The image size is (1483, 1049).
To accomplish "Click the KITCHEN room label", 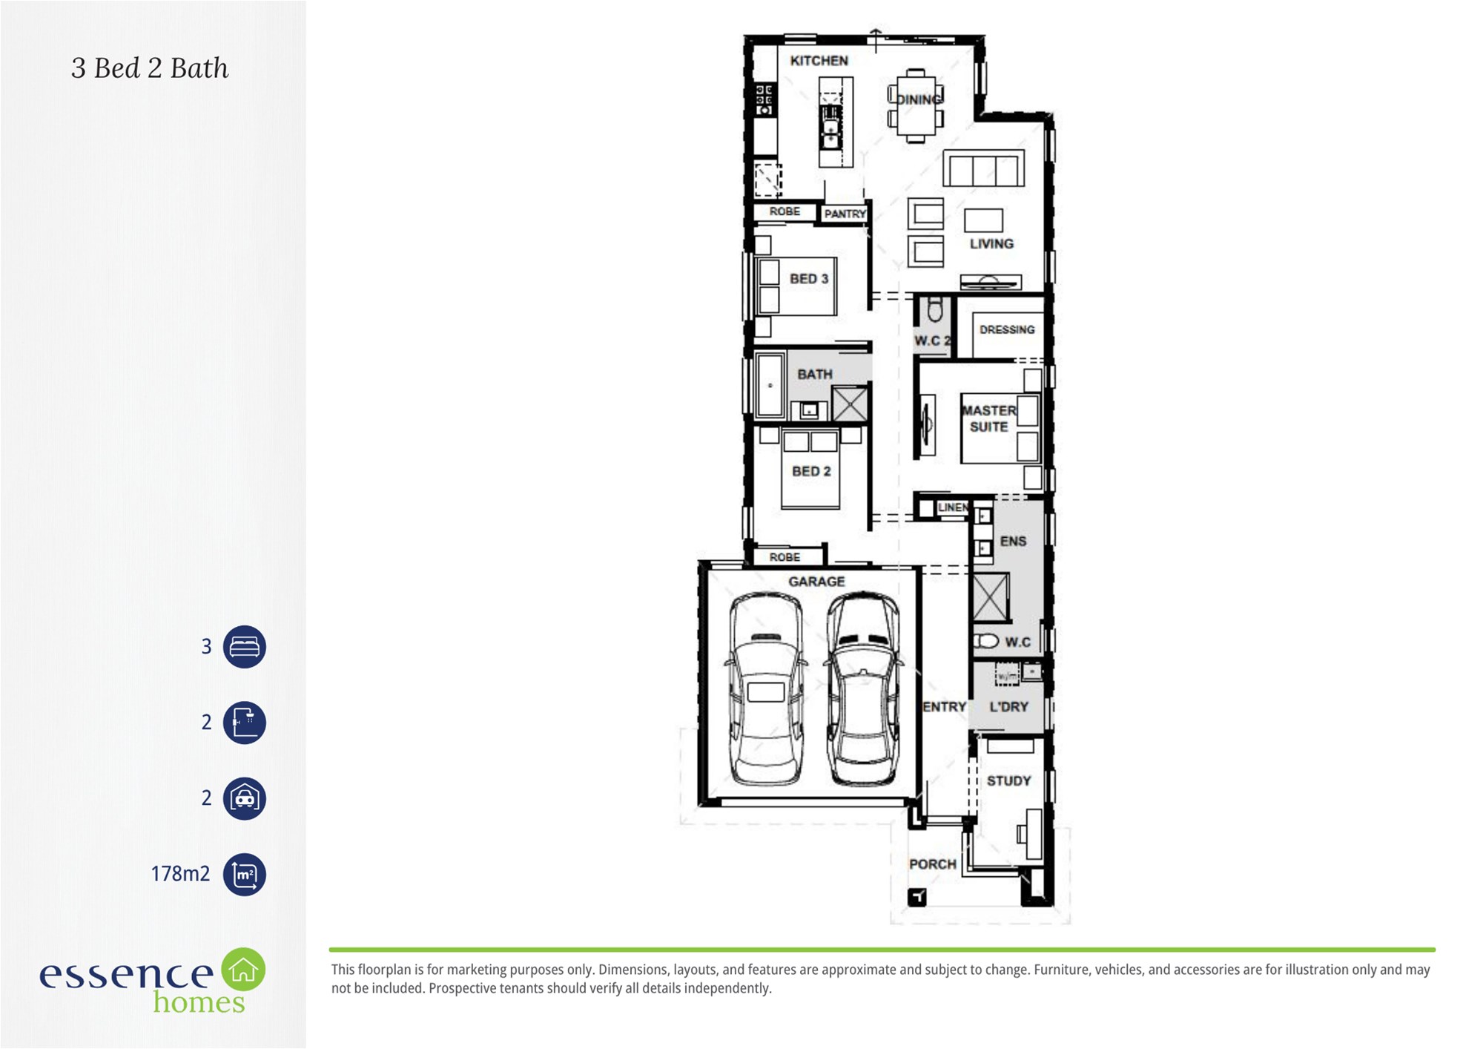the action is pos(819,61).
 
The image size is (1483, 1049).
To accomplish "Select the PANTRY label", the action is pos(845,214).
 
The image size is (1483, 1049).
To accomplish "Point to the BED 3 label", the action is pos(809,279).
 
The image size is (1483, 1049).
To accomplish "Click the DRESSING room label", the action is pos(1007,329).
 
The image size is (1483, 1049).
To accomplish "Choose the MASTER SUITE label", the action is pos(989,418).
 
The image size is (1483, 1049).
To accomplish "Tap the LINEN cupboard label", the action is pos(953,507).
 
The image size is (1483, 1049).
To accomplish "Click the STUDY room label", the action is pos(1009,781).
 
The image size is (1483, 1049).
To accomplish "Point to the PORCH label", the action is pos(933,864).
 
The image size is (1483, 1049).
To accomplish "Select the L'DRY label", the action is pos(1009,707).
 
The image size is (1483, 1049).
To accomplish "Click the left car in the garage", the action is pos(766,689).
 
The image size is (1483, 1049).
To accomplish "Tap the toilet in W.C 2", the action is pos(935,308).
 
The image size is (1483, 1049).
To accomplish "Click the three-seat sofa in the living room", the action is pos(983,168).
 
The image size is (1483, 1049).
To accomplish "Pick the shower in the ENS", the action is pos(991,596).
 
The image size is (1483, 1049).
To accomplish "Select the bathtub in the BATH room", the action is pos(770,386).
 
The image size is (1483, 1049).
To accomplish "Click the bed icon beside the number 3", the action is pos(245,647).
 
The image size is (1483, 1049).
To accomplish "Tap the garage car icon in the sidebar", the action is pos(245,798).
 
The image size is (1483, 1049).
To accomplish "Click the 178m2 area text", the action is pos(180,874).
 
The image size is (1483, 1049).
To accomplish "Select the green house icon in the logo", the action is pos(243,969).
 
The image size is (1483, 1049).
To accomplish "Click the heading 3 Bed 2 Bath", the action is pos(150,68).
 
